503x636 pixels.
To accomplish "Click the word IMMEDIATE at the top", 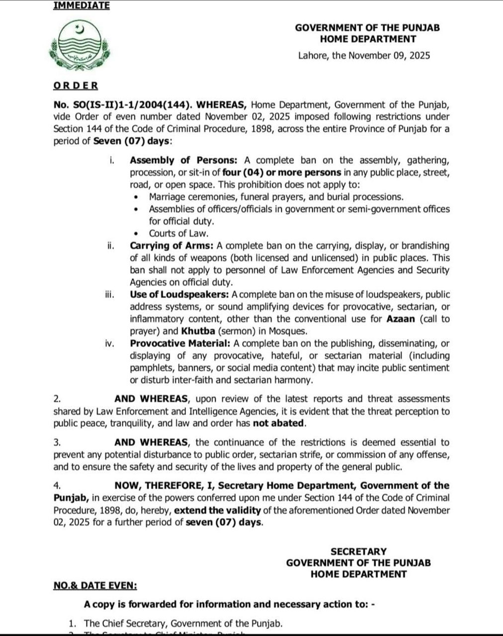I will tap(82, 5).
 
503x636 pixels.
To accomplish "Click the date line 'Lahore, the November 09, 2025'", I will tap(364, 56).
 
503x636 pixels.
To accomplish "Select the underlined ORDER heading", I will tap(76, 85).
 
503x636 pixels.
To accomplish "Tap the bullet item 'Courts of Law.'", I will tap(178, 233).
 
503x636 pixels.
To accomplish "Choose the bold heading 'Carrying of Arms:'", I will tap(172, 245).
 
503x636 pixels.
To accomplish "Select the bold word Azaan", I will tap(401, 319).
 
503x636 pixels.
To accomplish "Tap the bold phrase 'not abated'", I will tap(278, 423).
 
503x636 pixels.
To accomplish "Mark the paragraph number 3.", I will tap(57, 442).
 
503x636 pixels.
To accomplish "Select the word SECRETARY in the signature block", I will tap(358, 552).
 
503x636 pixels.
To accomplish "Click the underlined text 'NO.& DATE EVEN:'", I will tap(95, 585).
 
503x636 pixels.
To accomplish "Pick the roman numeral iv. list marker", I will tap(110, 343).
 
